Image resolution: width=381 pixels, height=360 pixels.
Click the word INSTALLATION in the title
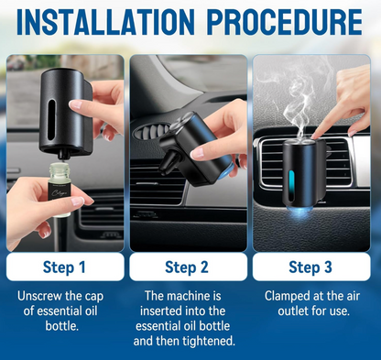[105, 22]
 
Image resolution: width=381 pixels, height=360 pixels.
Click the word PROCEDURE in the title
[285, 22]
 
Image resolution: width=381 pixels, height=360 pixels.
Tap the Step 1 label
[64, 267]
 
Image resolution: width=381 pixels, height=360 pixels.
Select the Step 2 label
[187, 267]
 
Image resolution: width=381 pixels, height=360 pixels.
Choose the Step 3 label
[310, 267]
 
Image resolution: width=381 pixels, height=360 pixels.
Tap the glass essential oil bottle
[60, 190]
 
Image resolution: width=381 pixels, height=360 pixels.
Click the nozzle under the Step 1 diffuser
[62, 155]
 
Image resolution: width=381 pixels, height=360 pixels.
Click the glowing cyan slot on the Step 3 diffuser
[291, 186]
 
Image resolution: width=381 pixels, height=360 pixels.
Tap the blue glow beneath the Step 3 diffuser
[299, 211]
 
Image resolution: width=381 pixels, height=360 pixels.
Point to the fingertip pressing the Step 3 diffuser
[315, 136]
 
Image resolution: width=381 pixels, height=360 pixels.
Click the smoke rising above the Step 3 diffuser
[300, 101]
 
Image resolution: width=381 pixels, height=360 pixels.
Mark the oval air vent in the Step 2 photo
[152, 131]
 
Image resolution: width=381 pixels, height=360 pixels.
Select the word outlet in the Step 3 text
[293, 311]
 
